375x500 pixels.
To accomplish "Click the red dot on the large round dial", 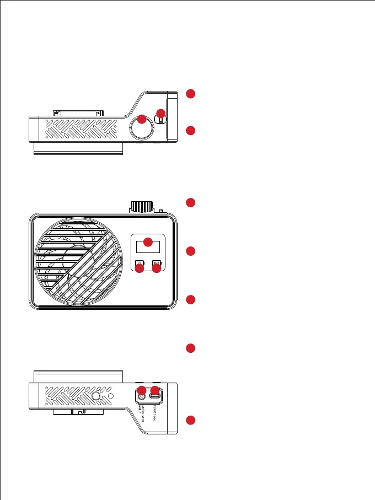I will click(141, 119).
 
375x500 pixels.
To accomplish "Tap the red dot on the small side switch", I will click(160, 113).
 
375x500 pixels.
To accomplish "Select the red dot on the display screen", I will click(148, 241).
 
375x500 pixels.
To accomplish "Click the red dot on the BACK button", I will click(157, 268).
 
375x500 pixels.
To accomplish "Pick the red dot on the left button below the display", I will click(140, 268).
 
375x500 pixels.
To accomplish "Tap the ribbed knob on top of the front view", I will click(141, 207).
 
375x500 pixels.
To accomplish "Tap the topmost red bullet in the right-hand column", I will click(190, 94).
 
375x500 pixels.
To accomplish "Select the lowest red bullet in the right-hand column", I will click(190, 421).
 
